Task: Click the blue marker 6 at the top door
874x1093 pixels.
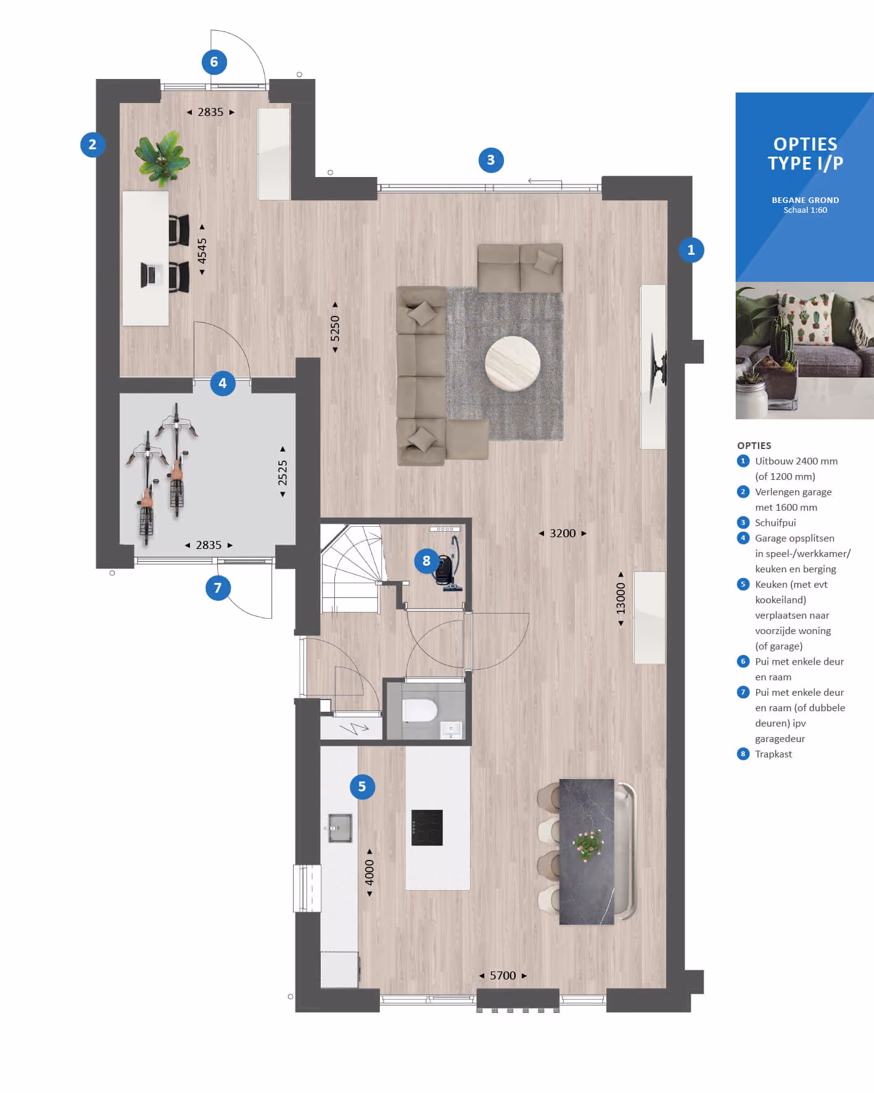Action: pos(214,62)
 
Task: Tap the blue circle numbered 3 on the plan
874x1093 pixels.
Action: pos(491,160)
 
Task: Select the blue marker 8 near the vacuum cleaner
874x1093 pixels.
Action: pos(426,561)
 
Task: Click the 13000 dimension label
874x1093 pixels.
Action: pos(620,598)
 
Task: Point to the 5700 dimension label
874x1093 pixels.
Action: pos(503,975)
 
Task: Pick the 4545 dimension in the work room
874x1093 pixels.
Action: pos(202,250)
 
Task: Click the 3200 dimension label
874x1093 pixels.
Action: pos(563,533)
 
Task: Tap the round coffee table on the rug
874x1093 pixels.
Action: pos(513,363)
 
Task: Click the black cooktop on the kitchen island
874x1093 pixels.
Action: pos(427,827)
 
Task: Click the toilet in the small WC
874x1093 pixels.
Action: pos(419,710)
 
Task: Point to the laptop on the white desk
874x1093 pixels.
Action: pos(150,275)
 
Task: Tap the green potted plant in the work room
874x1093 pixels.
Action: pos(163,158)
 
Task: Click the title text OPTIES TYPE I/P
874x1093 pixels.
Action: pos(805,154)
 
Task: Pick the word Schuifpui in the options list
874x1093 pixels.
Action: pos(775,522)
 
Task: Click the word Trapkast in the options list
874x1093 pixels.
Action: pos(773,754)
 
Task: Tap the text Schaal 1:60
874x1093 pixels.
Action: pos(805,210)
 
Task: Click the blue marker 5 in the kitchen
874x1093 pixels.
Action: pos(362,786)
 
